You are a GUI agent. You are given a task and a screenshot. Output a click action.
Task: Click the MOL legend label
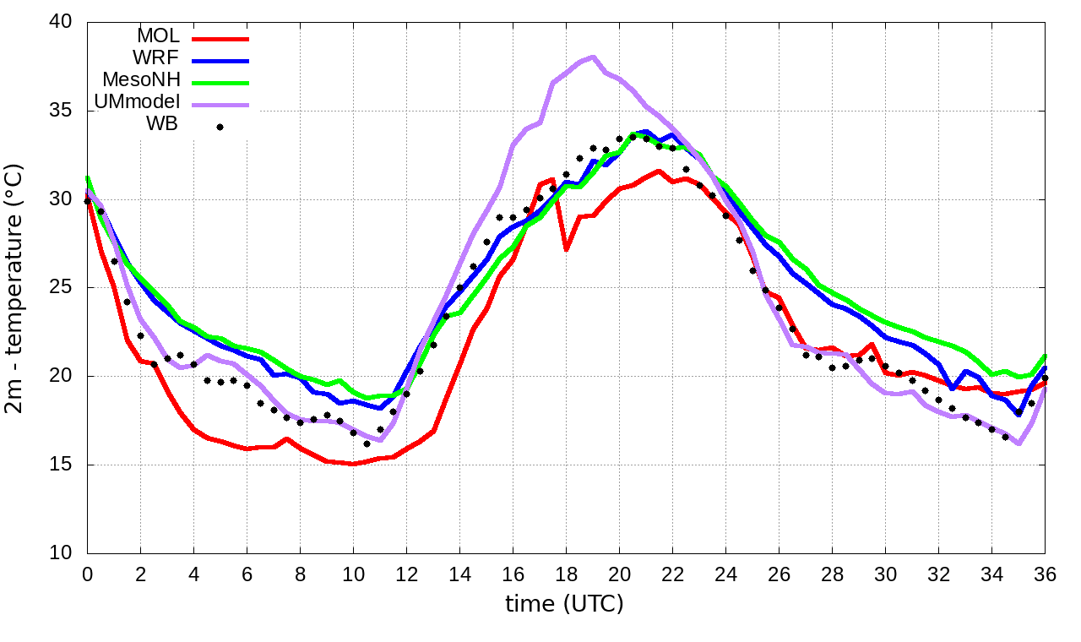(157, 36)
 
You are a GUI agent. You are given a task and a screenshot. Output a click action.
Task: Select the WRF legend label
(158, 58)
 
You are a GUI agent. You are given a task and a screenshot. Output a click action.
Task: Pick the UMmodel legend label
(140, 103)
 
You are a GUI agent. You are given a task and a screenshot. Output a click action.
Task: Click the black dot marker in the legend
(220, 128)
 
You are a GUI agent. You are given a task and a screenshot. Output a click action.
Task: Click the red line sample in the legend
(220, 38)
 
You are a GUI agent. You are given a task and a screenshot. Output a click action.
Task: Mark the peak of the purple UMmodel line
(593, 57)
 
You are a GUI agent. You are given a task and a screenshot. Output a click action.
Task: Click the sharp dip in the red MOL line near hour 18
(566, 249)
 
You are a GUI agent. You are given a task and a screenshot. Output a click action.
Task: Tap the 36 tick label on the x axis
(1045, 573)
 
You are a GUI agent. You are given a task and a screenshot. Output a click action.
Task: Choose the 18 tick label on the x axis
(566, 573)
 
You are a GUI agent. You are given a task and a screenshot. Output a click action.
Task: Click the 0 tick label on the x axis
(87, 573)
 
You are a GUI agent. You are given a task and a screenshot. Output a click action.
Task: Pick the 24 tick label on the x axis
(725, 573)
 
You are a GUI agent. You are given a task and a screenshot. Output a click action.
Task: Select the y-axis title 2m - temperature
(16, 288)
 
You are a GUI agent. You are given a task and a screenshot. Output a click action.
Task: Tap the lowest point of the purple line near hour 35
(1019, 443)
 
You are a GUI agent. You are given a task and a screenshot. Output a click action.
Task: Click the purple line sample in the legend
(220, 105)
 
